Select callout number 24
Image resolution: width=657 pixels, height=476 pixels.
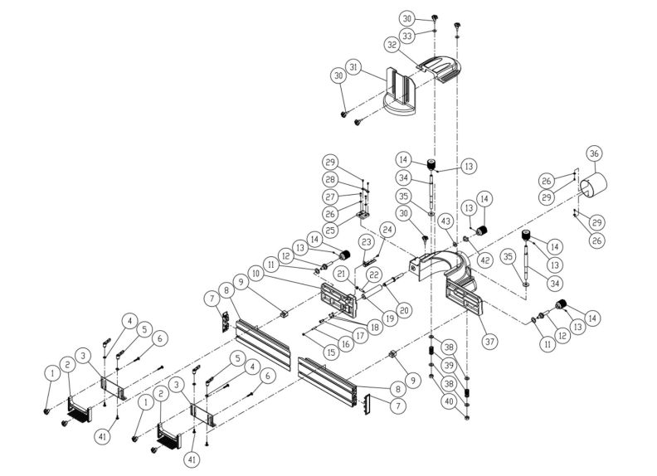[386, 230]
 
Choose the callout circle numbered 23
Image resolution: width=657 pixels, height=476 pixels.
[366, 241]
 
